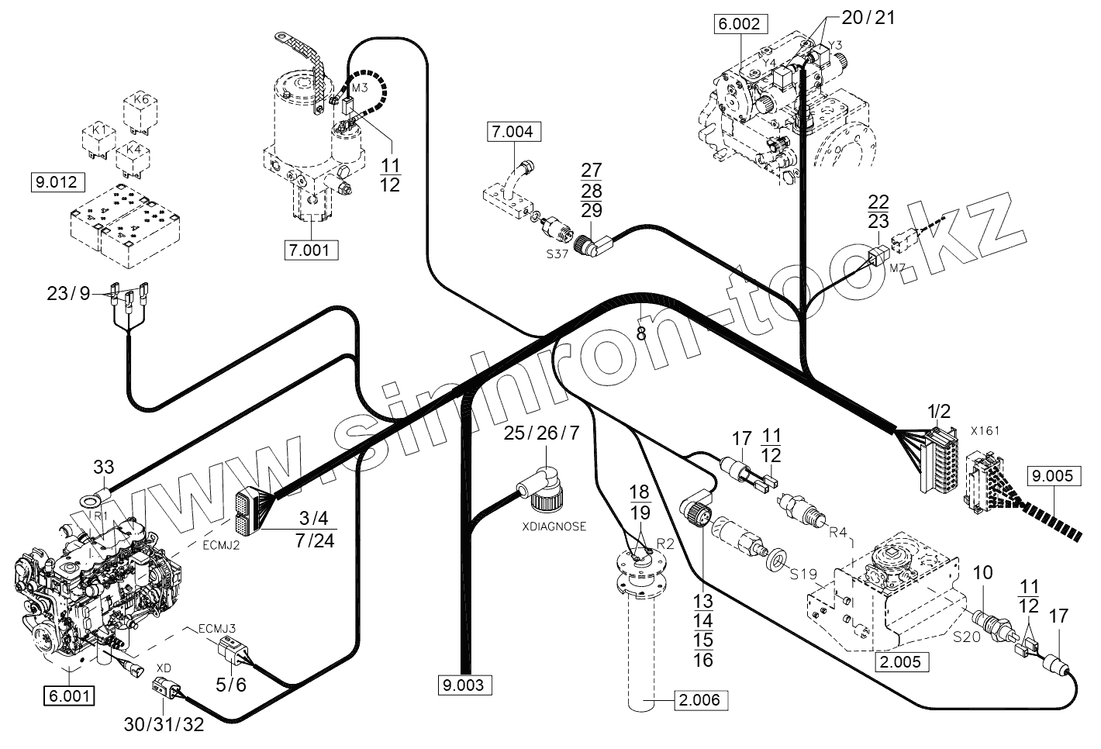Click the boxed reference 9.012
[55, 183]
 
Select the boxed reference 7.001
[311, 250]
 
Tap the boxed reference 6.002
[740, 24]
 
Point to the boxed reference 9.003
[464, 685]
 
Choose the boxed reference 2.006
[701, 700]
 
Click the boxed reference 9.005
[1054, 475]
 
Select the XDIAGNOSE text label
[554, 526]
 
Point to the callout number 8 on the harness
[640, 334]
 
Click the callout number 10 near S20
[982, 575]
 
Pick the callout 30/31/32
[164, 723]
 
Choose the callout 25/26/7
[540, 433]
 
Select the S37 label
[556, 254]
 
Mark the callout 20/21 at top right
[868, 17]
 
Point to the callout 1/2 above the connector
[938, 411]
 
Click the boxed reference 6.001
[70, 695]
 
